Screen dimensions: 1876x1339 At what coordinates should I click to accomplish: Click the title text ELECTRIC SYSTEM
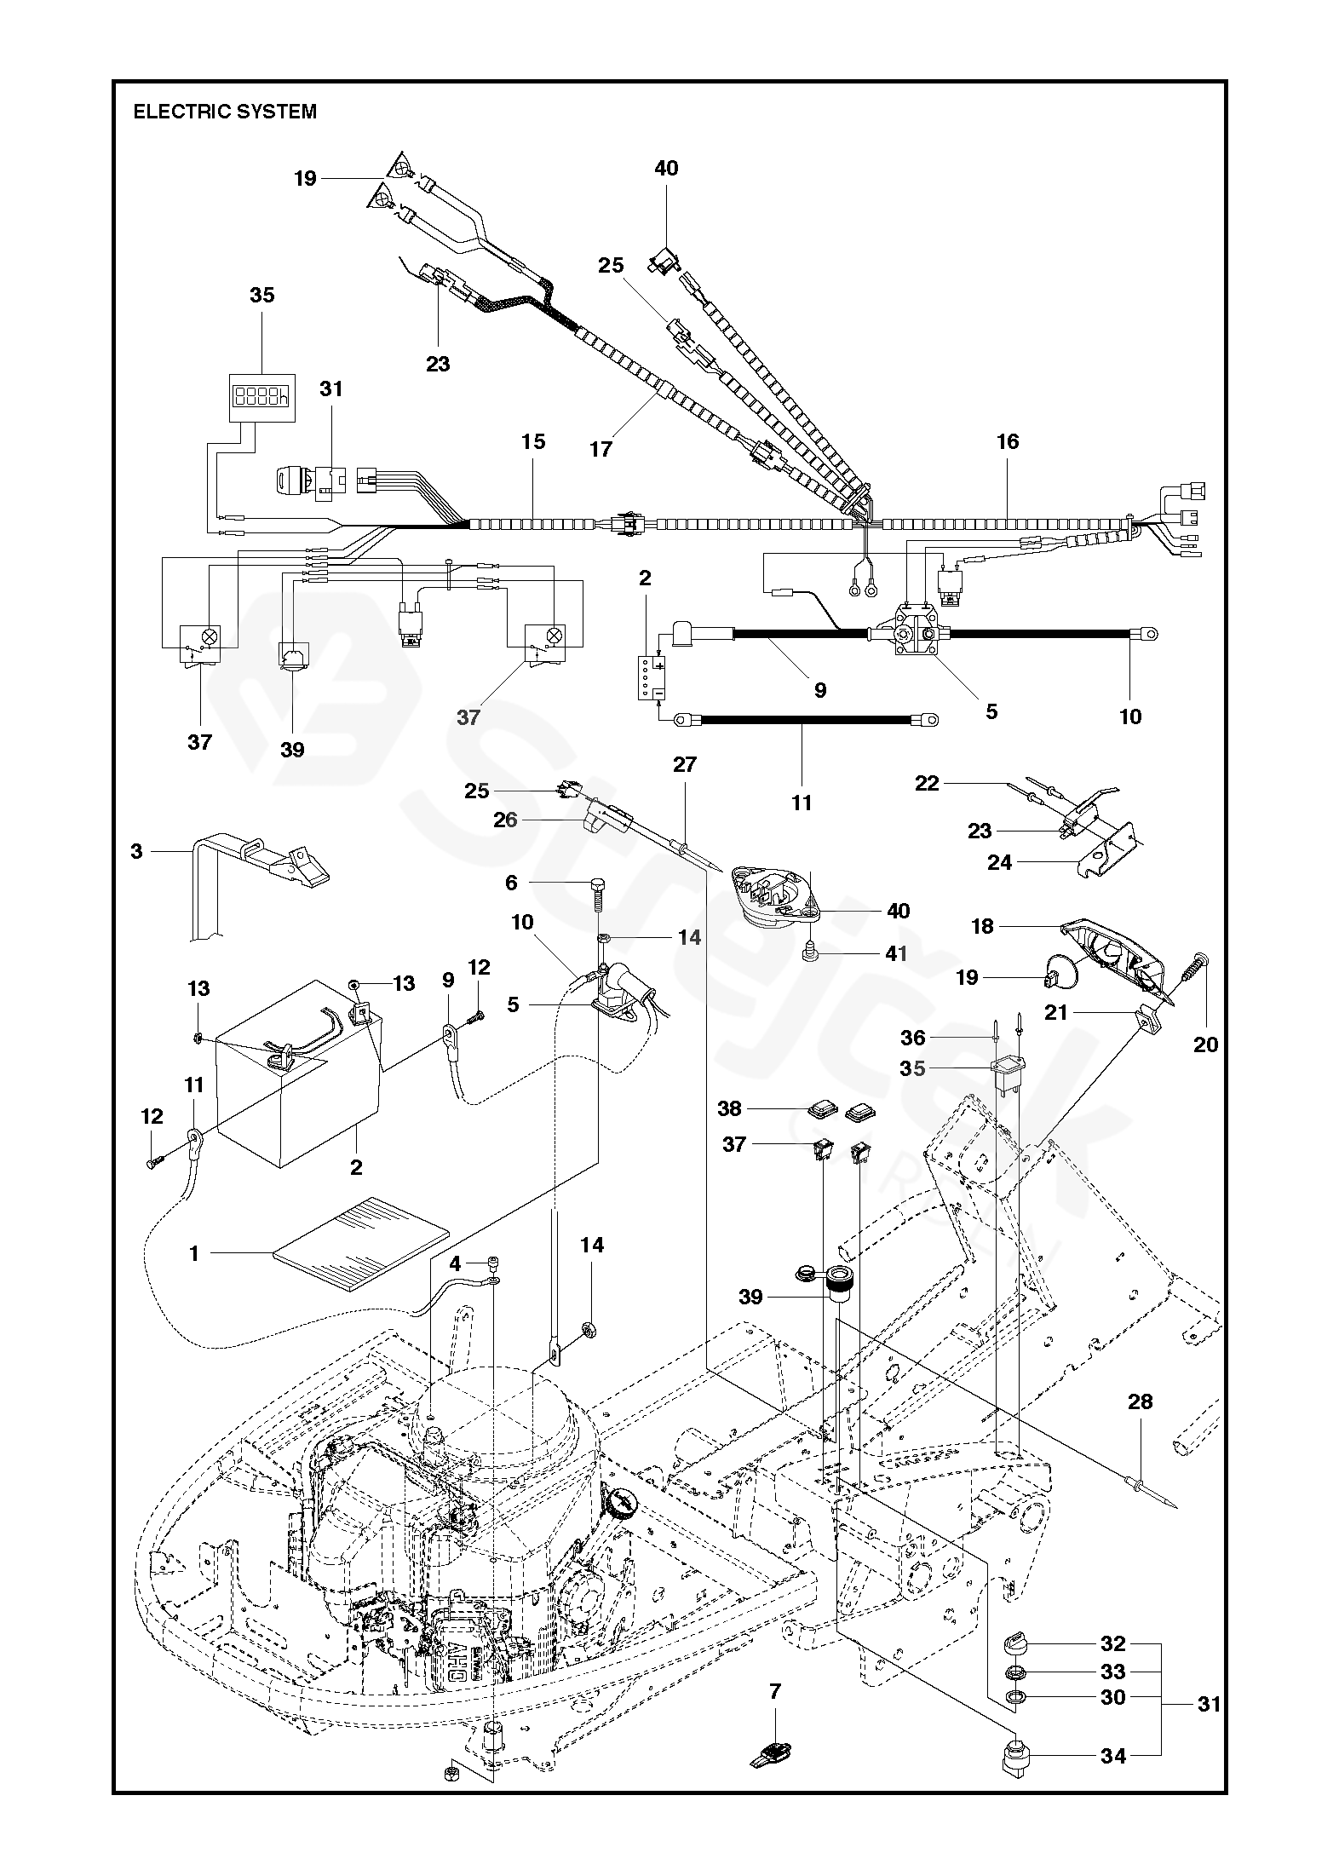225,112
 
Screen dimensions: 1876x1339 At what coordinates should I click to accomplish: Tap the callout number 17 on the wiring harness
601,449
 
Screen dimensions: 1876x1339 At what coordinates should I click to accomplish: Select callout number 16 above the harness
1007,441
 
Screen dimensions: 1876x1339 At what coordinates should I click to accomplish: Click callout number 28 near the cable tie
1140,1401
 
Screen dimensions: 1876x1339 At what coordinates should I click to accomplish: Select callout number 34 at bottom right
1113,1756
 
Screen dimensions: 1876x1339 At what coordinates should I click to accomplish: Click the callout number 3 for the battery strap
136,851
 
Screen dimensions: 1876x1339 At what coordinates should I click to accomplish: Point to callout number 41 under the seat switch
896,953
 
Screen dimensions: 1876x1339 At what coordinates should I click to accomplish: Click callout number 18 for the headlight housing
982,926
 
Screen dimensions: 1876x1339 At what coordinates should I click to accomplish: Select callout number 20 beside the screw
1205,1044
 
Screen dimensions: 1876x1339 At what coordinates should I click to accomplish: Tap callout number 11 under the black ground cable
802,803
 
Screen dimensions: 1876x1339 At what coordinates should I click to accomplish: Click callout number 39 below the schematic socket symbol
292,749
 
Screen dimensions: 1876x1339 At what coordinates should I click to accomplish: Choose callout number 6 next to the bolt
511,883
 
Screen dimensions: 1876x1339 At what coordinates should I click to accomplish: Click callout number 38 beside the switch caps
730,1108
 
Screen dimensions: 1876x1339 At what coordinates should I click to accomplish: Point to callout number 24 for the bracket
999,863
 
